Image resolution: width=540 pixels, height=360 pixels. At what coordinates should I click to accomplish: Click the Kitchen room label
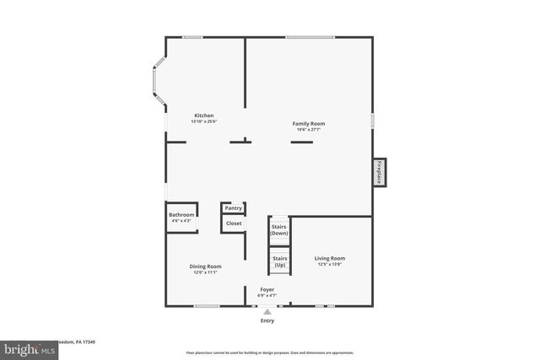point(204,116)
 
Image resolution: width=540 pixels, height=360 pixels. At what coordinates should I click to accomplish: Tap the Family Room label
point(309,123)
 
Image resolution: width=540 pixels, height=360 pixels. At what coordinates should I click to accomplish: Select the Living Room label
point(330,258)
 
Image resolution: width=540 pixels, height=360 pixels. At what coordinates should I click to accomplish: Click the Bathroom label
point(181,215)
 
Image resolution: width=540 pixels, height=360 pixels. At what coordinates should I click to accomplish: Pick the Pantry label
point(234,208)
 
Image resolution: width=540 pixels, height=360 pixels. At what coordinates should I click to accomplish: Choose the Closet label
point(234,223)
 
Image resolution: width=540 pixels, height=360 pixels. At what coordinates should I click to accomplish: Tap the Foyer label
point(267,289)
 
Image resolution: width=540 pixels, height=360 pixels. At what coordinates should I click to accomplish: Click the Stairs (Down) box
point(279,229)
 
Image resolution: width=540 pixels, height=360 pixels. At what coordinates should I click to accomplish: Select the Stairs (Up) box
point(279,261)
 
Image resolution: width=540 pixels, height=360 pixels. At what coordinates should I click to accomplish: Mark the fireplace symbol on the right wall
point(380,171)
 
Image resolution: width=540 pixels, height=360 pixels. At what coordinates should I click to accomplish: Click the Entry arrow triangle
point(267,311)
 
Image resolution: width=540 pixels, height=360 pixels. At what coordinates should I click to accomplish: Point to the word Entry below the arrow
point(267,320)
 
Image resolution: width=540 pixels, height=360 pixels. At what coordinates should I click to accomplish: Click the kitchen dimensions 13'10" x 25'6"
point(204,121)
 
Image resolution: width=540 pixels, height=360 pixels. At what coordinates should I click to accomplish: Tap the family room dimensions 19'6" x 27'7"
point(310,129)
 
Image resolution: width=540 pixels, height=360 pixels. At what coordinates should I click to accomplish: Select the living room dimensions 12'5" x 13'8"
point(330,264)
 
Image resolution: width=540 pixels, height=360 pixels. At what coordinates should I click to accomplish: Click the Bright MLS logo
point(25,347)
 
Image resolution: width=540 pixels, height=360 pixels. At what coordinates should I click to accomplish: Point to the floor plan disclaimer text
point(269,352)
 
